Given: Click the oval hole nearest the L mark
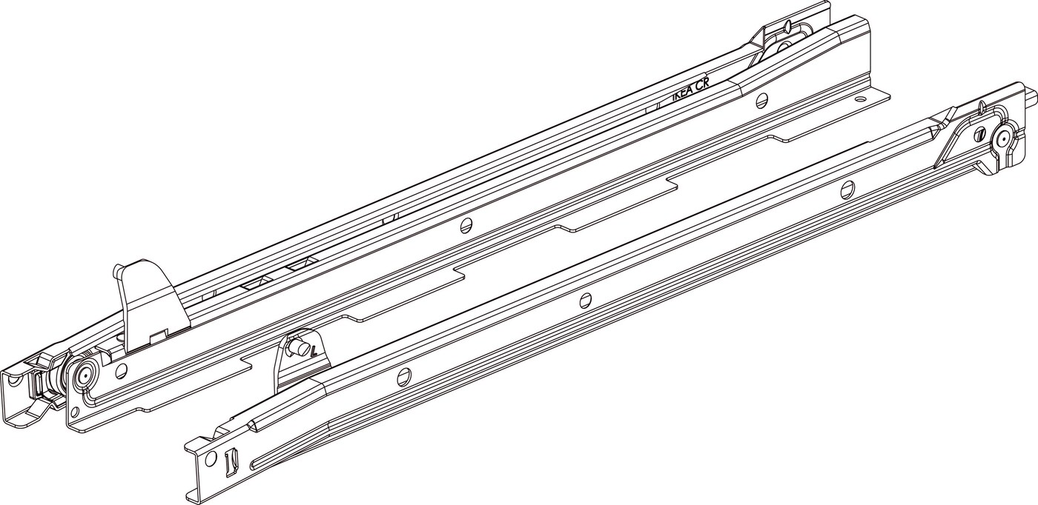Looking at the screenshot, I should pyautogui.click(x=404, y=375).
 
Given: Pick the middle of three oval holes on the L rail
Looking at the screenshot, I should pyautogui.click(x=586, y=300).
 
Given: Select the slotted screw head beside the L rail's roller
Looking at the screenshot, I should pyautogui.click(x=981, y=135).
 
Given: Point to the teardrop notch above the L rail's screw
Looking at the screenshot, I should pyautogui.click(x=979, y=110).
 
